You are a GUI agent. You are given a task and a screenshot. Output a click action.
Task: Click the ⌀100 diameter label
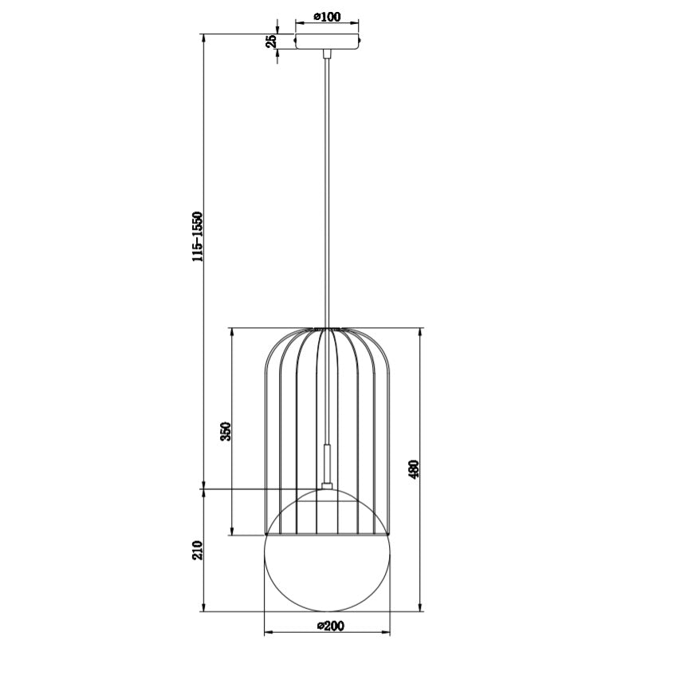click(x=327, y=16)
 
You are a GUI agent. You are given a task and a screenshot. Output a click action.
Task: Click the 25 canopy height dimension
click(x=271, y=41)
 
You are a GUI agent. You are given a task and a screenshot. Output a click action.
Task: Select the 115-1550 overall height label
click(x=198, y=236)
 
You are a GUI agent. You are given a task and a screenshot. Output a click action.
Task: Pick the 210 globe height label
click(x=198, y=551)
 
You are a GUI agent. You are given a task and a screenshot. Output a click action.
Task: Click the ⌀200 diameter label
click(x=329, y=626)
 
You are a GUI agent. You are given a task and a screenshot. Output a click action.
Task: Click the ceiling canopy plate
click(x=327, y=41)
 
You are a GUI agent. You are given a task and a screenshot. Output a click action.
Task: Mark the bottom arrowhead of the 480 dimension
click(x=420, y=607)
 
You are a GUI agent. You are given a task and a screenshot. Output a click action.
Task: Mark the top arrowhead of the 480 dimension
click(x=420, y=331)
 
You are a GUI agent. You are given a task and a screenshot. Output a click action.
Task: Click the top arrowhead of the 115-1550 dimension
click(x=204, y=38)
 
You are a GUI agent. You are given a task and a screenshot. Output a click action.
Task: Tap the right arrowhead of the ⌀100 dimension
click(x=355, y=23)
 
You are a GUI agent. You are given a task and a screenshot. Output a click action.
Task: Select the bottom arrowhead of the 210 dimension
click(x=204, y=607)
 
